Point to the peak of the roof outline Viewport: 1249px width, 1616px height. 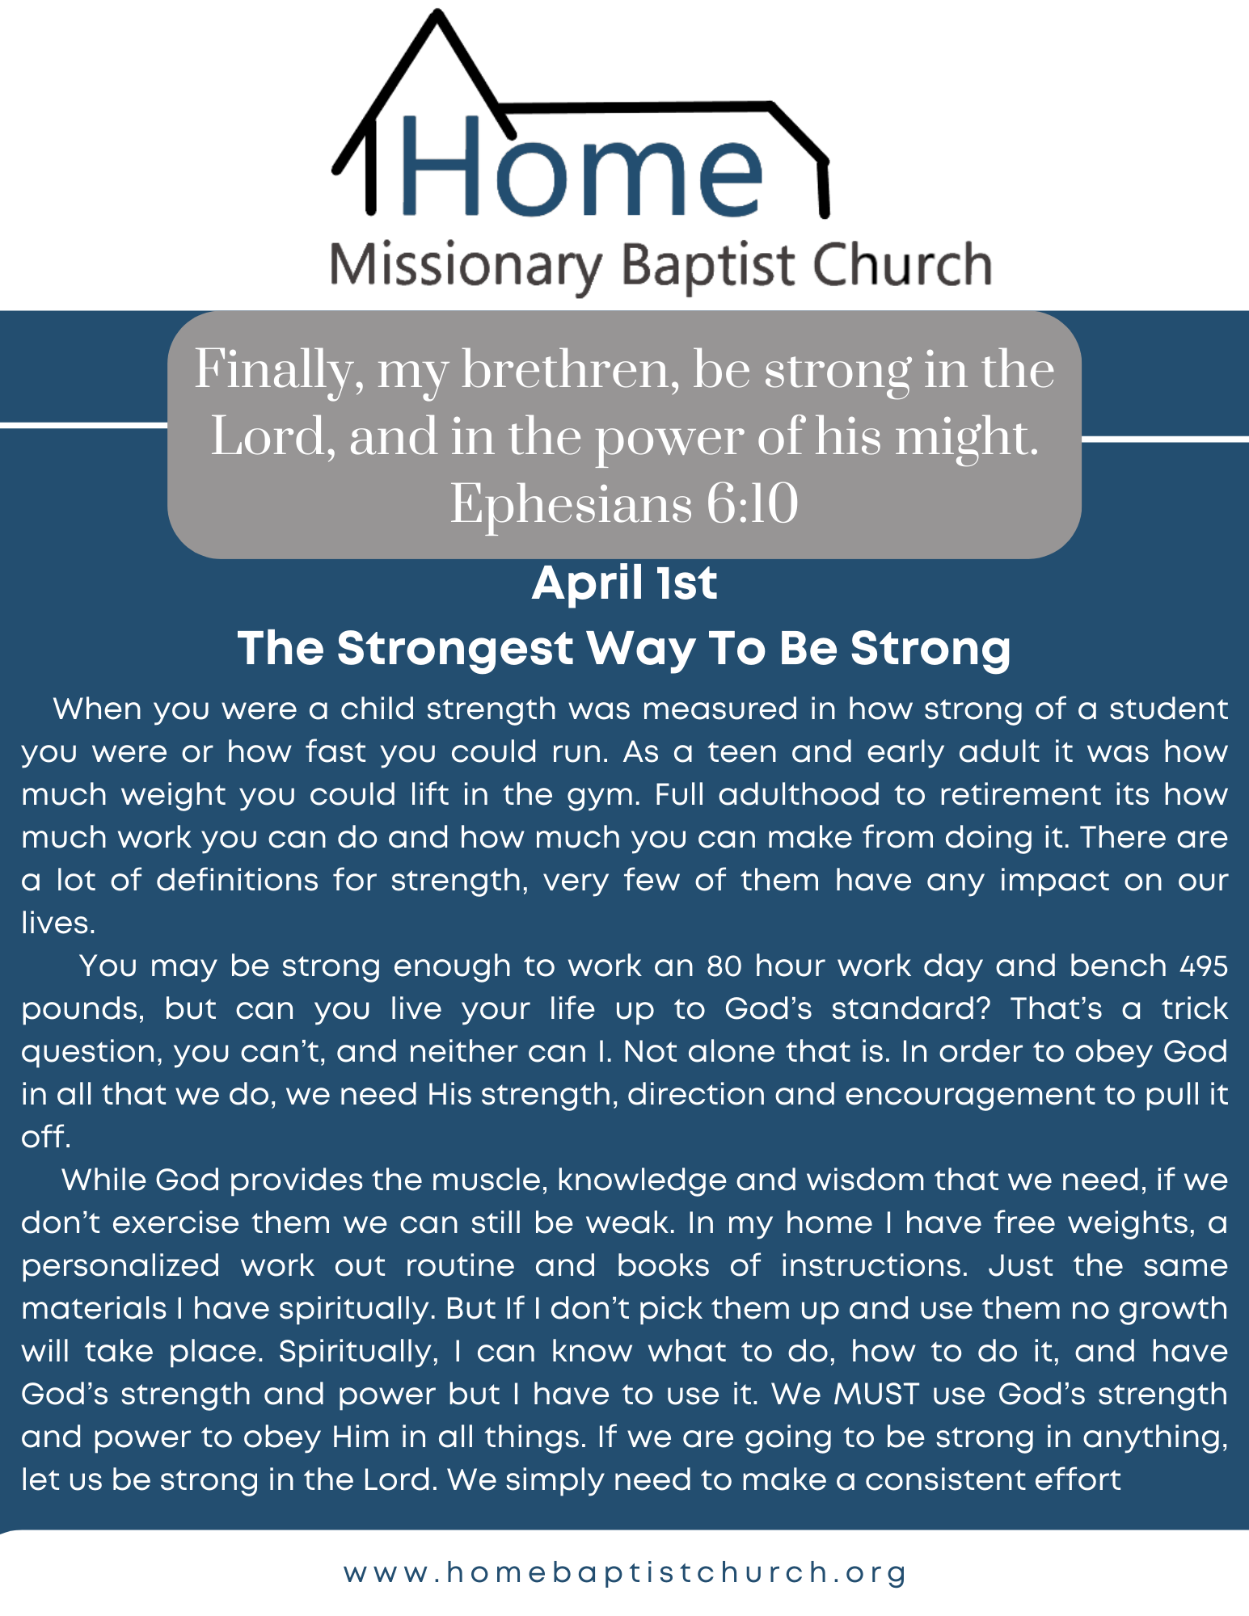point(437,13)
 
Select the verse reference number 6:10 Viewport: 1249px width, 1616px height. point(752,504)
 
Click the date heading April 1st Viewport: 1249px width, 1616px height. point(624,583)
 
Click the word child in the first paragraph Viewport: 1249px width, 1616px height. point(378,709)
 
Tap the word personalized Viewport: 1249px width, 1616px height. point(120,1267)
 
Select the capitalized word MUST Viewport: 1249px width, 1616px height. point(877,1395)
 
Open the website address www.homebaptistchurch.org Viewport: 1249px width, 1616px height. point(625,1572)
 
